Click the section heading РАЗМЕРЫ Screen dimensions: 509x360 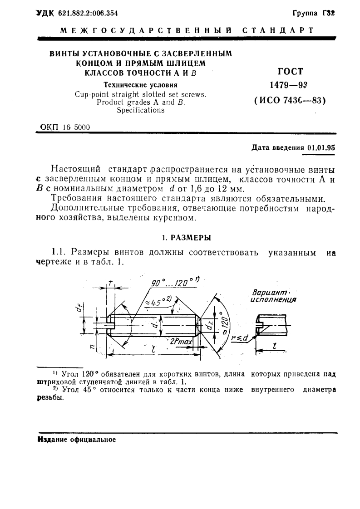coord(190,237)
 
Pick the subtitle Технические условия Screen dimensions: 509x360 coord(140,84)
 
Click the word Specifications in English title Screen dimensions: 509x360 coord(141,110)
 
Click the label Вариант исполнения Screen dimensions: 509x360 coord(270,296)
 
